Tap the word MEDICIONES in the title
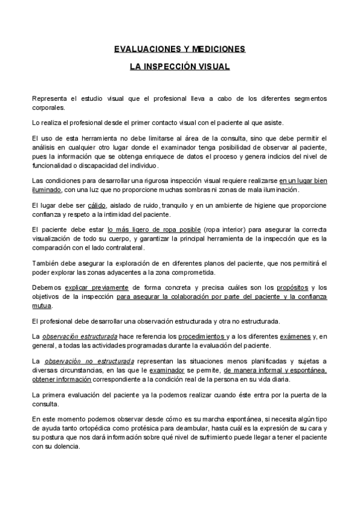click(x=215, y=49)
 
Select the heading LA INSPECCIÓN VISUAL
click(x=179, y=67)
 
